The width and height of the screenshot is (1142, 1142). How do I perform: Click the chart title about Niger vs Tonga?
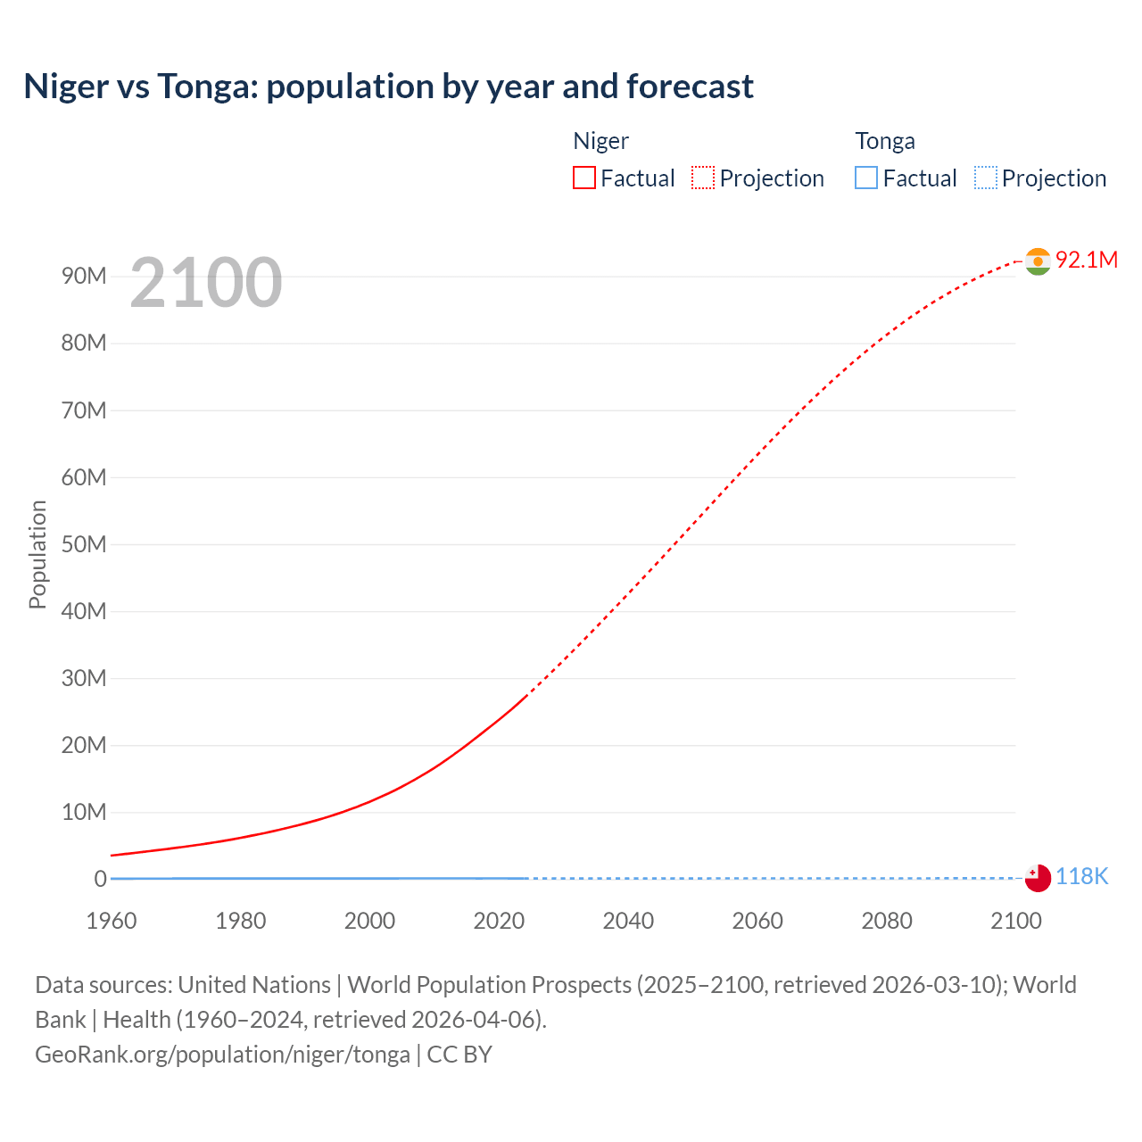pyautogui.click(x=388, y=87)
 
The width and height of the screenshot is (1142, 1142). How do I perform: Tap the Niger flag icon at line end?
pyautogui.click(x=1038, y=261)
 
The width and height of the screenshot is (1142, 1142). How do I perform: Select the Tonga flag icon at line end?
pyautogui.click(x=1038, y=878)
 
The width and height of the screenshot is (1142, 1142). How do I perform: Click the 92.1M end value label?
pyautogui.click(x=1087, y=260)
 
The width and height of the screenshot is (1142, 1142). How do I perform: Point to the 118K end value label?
pyautogui.click(x=1081, y=877)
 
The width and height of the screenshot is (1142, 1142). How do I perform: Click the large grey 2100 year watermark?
pyautogui.click(x=206, y=283)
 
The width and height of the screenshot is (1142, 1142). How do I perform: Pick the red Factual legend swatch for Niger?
pyautogui.click(x=584, y=178)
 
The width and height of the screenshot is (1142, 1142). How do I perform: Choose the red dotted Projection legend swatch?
pyautogui.click(x=703, y=178)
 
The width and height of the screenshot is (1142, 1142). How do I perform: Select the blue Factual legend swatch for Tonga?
pyautogui.click(x=866, y=178)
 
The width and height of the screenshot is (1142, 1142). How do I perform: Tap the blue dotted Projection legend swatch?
pyautogui.click(x=986, y=178)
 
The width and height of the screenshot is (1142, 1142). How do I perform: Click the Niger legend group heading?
pyautogui.click(x=600, y=141)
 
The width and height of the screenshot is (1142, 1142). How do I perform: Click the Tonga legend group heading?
pyautogui.click(x=885, y=141)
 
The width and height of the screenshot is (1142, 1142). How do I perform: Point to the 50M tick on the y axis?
pyautogui.click(x=84, y=544)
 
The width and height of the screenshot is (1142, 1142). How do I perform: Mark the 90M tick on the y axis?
pyautogui.click(x=84, y=276)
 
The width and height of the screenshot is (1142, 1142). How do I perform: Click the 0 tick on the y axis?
pyautogui.click(x=100, y=879)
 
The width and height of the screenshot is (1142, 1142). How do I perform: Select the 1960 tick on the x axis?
pyautogui.click(x=112, y=921)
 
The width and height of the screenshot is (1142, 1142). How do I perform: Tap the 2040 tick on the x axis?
pyautogui.click(x=628, y=921)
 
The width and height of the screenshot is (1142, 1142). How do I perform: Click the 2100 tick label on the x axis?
pyautogui.click(x=1015, y=921)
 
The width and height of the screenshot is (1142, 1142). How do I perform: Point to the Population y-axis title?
pyautogui.click(x=37, y=554)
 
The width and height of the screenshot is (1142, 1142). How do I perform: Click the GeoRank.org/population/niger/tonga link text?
pyautogui.click(x=222, y=1055)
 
